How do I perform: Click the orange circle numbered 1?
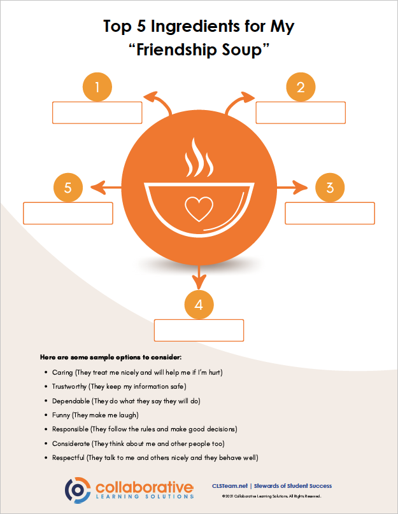pyautogui.click(x=97, y=87)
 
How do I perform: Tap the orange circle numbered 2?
pyautogui.click(x=301, y=87)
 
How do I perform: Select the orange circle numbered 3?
pyautogui.click(x=330, y=188)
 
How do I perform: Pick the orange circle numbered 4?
pyautogui.click(x=199, y=305)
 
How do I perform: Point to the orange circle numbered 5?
pyautogui.click(x=68, y=188)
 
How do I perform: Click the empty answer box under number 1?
pyautogui.click(x=97, y=113)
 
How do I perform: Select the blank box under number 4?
pyautogui.click(x=199, y=330)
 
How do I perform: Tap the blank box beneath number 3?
pyautogui.click(x=330, y=213)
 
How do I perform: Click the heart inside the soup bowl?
pyautogui.click(x=199, y=209)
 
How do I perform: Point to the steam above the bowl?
pyautogui.click(x=199, y=157)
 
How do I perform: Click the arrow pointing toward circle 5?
pyautogui.click(x=106, y=188)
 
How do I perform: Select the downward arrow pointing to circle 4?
pyautogui.click(x=199, y=277)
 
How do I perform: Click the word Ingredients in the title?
pyautogui.click(x=195, y=27)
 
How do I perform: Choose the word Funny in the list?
pyautogui.click(x=61, y=415)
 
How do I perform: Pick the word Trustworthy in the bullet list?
pyautogui.click(x=69, y=387)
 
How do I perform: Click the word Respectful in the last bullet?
pyautogui.click(x=68, y=458)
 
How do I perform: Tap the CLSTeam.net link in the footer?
pyautogui.click(x=230, y=486)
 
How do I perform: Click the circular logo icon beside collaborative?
pyautogui.click(x=78, y=490)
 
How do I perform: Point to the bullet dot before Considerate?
pyautogui.click(x=46, y=444)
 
